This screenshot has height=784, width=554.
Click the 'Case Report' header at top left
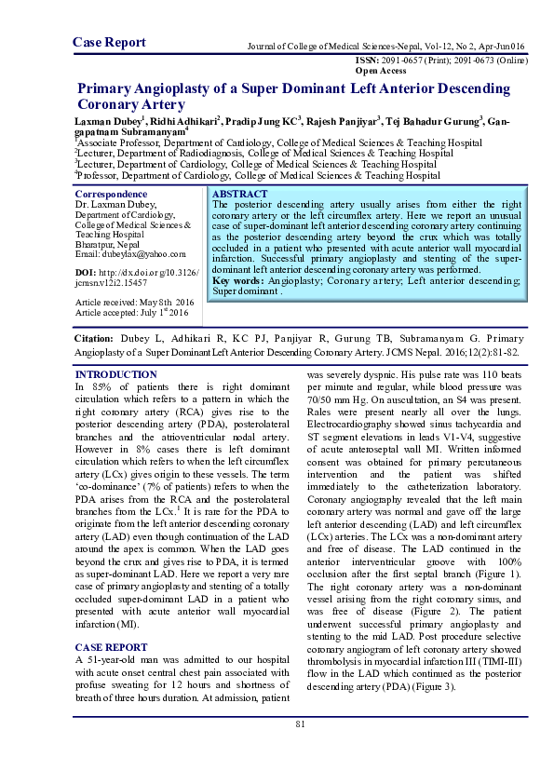[x=109, y=42]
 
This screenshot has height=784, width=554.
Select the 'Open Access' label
[x=380, y=70]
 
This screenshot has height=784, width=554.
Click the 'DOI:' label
[x=87, y=271]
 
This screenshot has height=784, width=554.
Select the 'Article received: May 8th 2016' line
[x=134, y=303]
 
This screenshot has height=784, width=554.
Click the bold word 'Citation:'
[x=95, y=340]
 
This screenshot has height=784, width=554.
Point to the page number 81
[x=300, y=725]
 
